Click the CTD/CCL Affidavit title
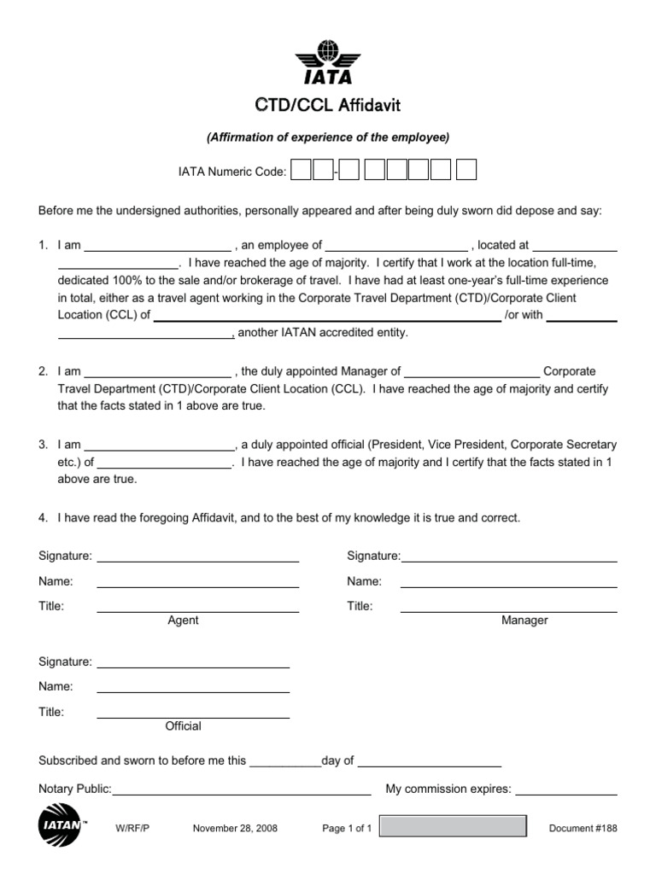click(x=328, y=106)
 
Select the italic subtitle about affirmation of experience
click(x=328, y=137)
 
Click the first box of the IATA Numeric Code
click(x=301, y=171)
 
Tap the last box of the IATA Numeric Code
click(x=466, y=171)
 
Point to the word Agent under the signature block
click(x=183, y=621)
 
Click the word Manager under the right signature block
click(x=524, y=621)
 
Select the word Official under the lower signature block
click(x=183, y=726)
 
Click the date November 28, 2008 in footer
click(x=235, y=829)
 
